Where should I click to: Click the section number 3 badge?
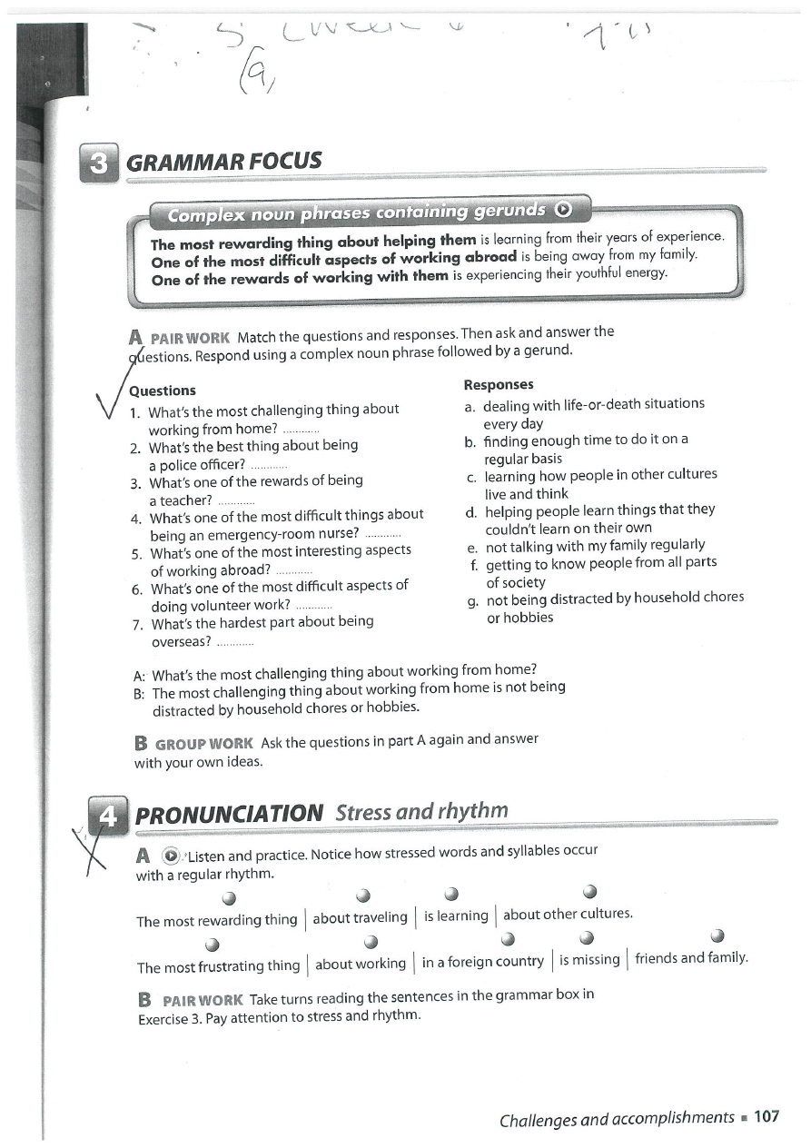click(99, 163)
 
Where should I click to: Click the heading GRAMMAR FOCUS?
click(224, 163)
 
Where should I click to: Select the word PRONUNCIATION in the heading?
click(229, 813)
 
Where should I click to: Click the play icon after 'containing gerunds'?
click(563, 211)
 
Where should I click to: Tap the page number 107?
click(766, 1117)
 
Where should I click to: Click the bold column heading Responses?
click(499, 384)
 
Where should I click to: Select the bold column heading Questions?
click(163, 391)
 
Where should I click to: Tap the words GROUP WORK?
click(204, 743)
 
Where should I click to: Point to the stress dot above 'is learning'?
click(450, 893)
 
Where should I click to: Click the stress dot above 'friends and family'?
click(717, 935)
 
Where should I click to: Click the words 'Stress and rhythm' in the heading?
click(421, 811)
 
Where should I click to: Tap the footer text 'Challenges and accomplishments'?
click(617, 1118)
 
